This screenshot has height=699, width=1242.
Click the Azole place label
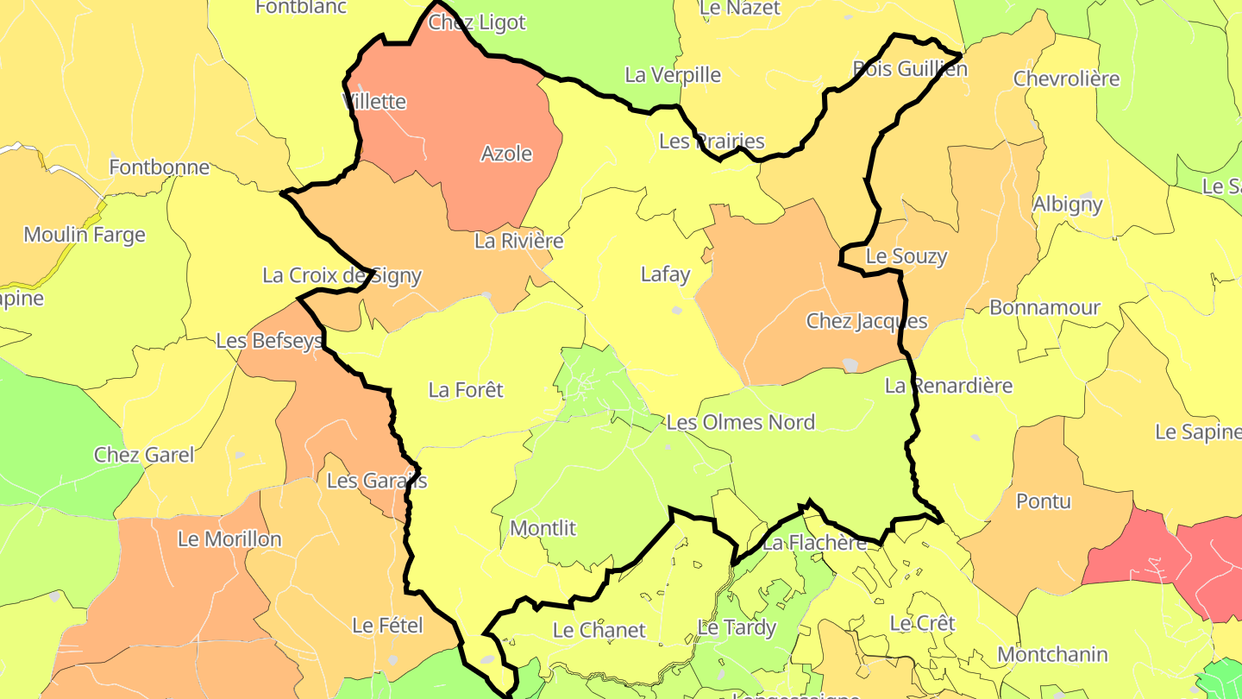click(506, 154)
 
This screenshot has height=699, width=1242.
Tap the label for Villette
click(374, 101)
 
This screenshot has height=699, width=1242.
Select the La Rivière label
click(518, 241)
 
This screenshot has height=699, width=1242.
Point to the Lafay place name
click(665, 274)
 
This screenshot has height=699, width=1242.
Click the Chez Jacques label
click(866, 321)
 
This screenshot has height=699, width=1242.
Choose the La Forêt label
click(466, 390)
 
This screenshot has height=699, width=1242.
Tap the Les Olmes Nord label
click(740, 422)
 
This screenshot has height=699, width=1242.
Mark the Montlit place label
click(543, 527)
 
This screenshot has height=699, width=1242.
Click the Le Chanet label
click(599, 630)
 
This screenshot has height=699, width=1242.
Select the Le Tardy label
click(737, 627)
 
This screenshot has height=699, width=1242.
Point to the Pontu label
click(1044, 501)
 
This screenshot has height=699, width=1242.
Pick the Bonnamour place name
click(1044, 307)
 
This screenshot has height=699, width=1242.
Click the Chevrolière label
click(1066, 79)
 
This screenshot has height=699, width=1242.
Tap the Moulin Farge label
click(85, 235)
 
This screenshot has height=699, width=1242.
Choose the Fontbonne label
click(160, 167)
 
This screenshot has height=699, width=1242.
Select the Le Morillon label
click(229, 539)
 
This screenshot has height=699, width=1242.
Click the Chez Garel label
click(144, 455)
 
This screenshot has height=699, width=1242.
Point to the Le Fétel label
click(388, 625)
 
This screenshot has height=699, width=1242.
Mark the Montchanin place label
click(1052, 654)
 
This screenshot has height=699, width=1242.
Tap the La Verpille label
click(673, 75)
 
